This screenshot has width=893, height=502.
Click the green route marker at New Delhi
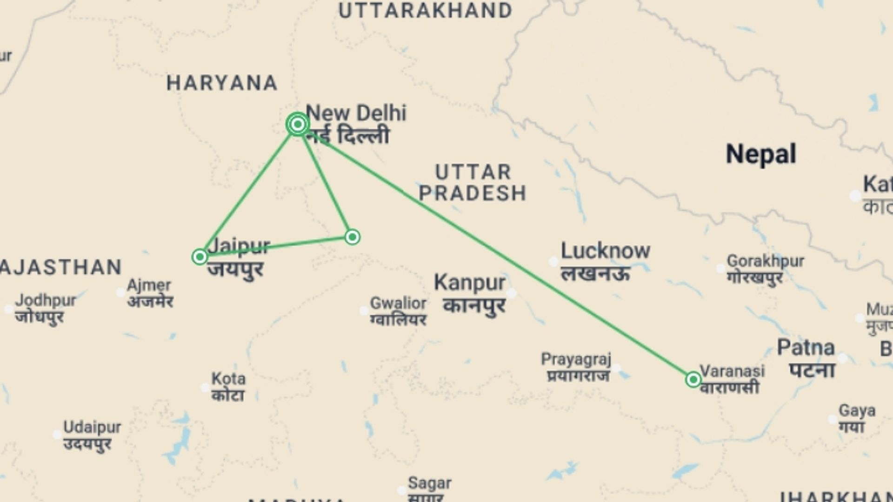(298, 124)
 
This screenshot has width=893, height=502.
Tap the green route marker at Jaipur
(200, 257)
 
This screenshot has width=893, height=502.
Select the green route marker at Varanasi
(693, 380)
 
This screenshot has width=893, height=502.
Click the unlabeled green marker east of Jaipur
(352, 237)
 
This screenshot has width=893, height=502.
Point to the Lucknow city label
(605, 251)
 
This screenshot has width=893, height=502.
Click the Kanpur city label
(469, 283)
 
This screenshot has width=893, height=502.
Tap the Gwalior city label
(398, 304)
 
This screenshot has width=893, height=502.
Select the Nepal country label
(761, 154)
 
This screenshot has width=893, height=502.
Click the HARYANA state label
(222, 84)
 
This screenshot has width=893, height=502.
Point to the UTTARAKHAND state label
(425, 11)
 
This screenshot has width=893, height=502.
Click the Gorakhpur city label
(766, 261)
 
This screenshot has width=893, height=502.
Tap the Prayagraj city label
(576, 359)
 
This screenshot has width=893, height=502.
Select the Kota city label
(228, 379)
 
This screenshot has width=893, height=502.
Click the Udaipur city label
(92, 427)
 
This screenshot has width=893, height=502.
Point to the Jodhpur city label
(45, 301)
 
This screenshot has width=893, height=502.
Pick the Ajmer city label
(149, 285)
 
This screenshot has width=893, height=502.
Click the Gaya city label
(857, 411)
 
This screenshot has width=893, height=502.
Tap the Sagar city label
(429, 484)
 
